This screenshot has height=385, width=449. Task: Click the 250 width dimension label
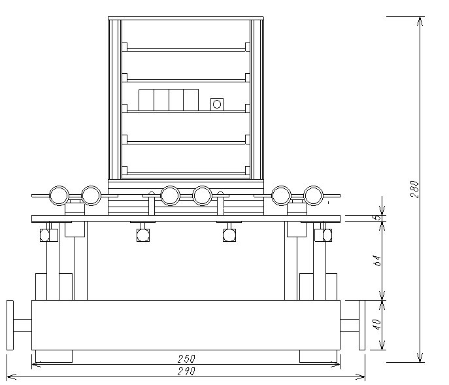pos(186,359)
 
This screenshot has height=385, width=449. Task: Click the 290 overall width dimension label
pos(186,371)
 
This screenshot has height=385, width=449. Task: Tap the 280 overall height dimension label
pos(414,189)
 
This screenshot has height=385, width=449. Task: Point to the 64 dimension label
pos(378,261)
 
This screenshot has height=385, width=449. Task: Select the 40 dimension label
pos(378,325)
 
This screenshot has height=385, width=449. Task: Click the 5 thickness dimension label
pos(378,218)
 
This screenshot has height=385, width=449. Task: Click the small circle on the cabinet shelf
pos(217,105)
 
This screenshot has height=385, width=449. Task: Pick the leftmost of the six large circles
pos(59,195)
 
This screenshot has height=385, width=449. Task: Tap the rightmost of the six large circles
pos(313,195)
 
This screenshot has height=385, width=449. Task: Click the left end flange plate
pos(10,325)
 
